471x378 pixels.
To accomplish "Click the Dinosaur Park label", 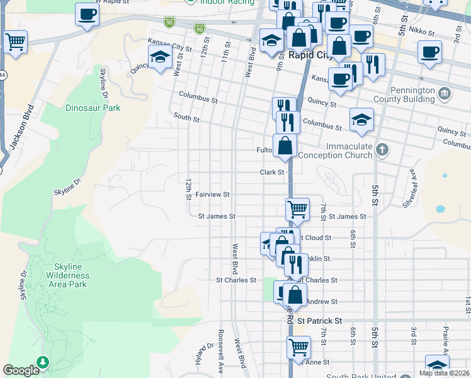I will (x=93, y=108).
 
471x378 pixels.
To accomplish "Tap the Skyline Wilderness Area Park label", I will (x=67, y=276).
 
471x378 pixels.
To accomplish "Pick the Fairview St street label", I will (x=212, y=195).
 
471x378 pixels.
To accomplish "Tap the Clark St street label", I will (x=273, y=171).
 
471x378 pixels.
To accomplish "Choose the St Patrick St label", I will (x=320, y=321).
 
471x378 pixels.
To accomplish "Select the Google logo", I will (x=21, y=370).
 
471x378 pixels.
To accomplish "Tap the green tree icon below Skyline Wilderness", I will (x=42, y=362).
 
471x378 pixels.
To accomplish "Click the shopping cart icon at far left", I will (x=15, y=42).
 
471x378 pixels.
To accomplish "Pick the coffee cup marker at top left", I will (x=87, y=14).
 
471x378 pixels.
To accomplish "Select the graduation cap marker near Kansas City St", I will (x=160, y=58).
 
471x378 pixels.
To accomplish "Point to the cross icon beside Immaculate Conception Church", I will (x=382, y=150).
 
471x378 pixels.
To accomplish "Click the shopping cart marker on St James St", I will (x=297, y=209).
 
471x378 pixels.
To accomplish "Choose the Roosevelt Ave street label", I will (x=222, y=341).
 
